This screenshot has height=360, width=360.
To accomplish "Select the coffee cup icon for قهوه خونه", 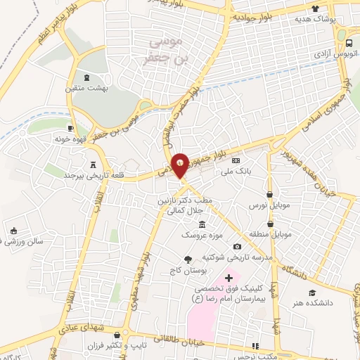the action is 71,128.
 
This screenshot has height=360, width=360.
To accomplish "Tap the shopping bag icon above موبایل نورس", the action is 271,194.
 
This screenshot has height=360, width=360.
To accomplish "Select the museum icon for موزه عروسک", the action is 202,224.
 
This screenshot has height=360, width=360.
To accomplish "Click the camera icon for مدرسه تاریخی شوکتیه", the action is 237,246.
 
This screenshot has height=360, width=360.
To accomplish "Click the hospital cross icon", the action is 229,278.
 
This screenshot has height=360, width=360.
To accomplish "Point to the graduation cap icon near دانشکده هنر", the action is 311,292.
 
